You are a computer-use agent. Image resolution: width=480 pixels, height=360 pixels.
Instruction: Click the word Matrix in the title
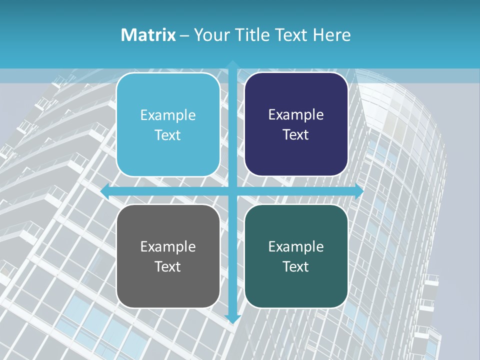click(148, 35)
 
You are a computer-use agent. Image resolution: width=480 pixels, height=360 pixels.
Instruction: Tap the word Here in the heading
click(331, 35)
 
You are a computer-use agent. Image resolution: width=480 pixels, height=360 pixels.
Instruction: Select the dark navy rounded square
click(296, 155)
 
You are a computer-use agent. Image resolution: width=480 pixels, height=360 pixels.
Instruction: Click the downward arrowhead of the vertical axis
click(232, 318)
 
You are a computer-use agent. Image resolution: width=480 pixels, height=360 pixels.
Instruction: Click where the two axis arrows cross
click(232, 191)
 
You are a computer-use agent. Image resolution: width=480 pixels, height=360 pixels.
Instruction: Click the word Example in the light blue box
click(168, 115)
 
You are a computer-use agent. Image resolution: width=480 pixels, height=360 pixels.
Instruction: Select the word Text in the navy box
click(296, 135)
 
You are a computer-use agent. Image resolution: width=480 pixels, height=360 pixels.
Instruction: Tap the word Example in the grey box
click(168, 246)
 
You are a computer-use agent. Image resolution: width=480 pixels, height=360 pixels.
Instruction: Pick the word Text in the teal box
click(296, 266)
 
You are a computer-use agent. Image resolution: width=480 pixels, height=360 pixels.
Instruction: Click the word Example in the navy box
click(296, 115)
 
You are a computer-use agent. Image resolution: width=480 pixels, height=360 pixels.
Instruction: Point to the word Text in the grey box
click(168, 266)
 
